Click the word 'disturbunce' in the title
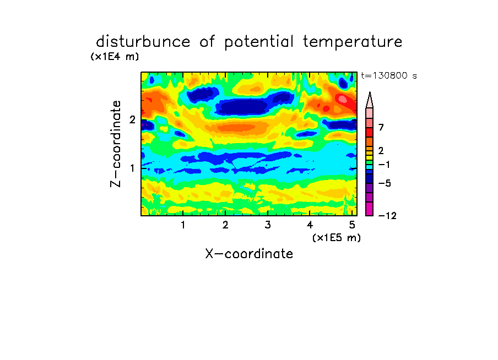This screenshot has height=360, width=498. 143,41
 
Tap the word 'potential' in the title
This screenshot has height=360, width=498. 259,42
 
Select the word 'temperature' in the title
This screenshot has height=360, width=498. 353,42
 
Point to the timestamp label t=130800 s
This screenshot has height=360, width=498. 389,75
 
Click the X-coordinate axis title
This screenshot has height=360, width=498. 249,254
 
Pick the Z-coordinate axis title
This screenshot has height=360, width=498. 116,144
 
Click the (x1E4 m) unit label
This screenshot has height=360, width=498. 115,57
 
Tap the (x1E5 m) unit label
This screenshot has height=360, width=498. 337,237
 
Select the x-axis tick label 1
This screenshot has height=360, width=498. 183,225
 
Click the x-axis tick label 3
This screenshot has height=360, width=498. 268,225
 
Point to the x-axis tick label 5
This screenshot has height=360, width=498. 352,225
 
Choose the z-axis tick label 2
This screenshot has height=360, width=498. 132,119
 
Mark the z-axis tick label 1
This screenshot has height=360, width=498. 132,168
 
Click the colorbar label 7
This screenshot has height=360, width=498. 381,128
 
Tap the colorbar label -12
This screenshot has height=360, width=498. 387,216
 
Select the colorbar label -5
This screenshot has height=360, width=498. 385,183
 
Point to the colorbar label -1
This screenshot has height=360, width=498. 383,165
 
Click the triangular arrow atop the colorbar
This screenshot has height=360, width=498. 370,100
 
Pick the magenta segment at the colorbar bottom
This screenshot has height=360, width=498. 370,209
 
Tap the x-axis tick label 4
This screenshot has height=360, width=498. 310,225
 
